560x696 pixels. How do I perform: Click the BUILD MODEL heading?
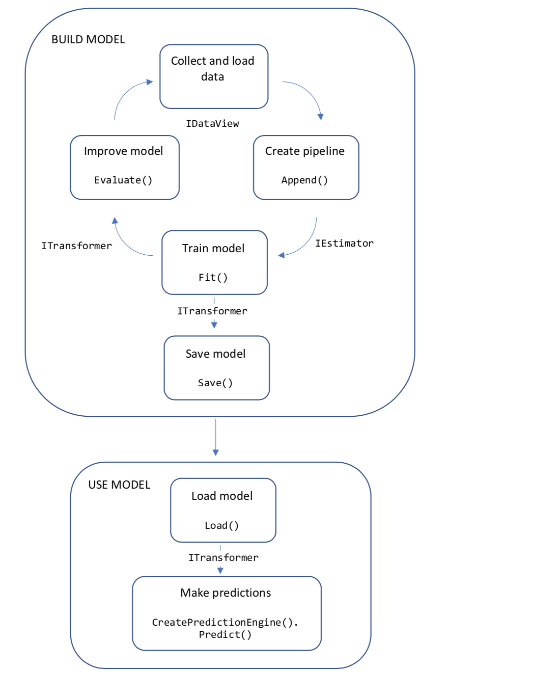pos(88,40)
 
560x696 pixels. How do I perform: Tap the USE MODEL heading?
pos(119,485)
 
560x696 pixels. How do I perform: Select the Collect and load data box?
pos(213,76)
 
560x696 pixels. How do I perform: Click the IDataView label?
pos(212,123)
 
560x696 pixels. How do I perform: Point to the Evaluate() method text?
pos(123,180)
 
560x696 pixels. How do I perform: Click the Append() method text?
pos(304,180)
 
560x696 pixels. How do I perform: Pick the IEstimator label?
pos(344,243)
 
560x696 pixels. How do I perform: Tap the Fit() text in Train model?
pos(213,277)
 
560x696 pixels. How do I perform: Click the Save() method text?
pos(215,383)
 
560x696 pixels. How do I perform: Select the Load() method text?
pos(221,525)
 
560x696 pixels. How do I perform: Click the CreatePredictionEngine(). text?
pos(225,622)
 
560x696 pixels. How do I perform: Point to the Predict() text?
pos(225,634)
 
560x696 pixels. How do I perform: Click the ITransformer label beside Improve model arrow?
pos(76,246)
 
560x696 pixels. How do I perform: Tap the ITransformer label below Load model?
pos(223,557)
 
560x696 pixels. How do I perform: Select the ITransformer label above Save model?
pos(212,311)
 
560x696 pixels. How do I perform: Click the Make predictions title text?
pos(226,593)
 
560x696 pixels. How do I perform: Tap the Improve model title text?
pos(123,151)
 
